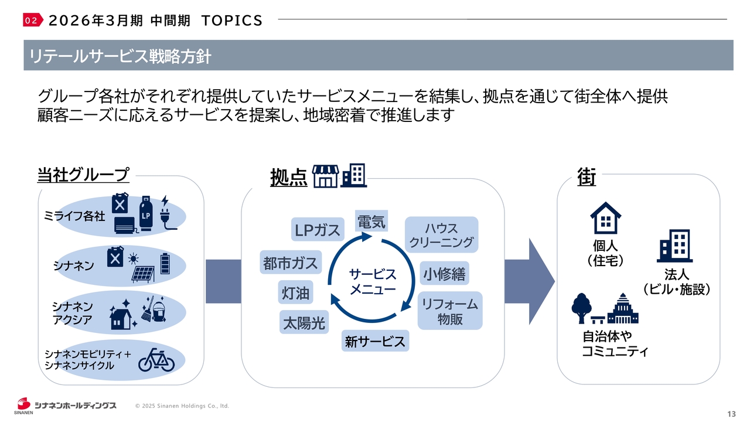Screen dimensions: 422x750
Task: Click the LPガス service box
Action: (x=317, y=230)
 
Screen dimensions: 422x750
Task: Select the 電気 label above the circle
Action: (x=371, y=222)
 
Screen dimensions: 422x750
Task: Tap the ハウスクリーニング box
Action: (x=441, y=235)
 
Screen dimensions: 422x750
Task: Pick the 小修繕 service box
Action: (x=445, y=274)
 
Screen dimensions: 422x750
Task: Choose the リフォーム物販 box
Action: (x=449, y=311)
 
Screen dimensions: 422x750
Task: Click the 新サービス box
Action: (x=375, y=341)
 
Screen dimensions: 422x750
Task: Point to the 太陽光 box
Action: (x=304, y=322)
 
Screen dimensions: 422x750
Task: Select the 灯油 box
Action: (x=296, y=292)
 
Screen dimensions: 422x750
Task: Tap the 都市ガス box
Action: (x=290, y=263)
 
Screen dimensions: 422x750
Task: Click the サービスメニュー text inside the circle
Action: (x=373, y=281)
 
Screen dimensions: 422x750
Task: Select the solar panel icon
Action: (x=142, y=274)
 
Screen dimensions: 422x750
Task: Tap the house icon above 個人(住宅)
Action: (x=605, y=218)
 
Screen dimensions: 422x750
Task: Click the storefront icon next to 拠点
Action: (x=326, y=175)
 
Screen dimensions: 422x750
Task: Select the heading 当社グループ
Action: (x=83, y=174)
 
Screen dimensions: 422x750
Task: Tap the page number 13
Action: (x=731, y=414)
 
